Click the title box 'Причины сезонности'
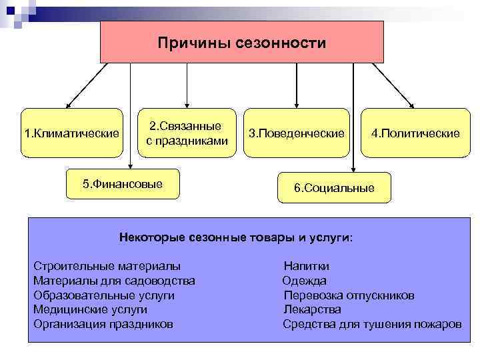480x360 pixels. click(242, 43)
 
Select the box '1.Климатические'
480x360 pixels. click(72, 133)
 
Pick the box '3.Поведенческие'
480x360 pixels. click(296, 133)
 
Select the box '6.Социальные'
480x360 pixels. click(334, 188)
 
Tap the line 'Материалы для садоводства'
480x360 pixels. click(114, 281)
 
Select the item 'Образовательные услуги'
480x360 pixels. click(104, 295)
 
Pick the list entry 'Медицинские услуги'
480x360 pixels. click(91, 309)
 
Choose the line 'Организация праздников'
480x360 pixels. click(103, 324)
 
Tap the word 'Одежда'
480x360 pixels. click(305, 281)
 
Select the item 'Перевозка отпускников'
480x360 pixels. click(349, 295)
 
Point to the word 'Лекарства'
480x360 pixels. click(312, 309)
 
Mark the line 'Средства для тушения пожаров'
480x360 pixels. click(372, 324)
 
